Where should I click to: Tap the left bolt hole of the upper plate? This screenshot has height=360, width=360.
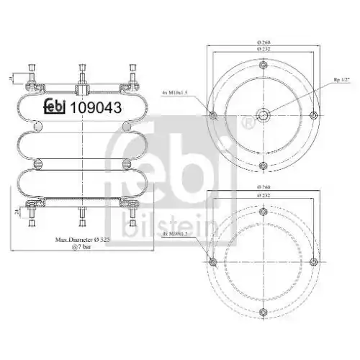tap(212, 116)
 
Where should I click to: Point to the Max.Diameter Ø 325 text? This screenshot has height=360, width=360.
tap(83, 238)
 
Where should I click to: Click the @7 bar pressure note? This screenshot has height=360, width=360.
tap(83, 247)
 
